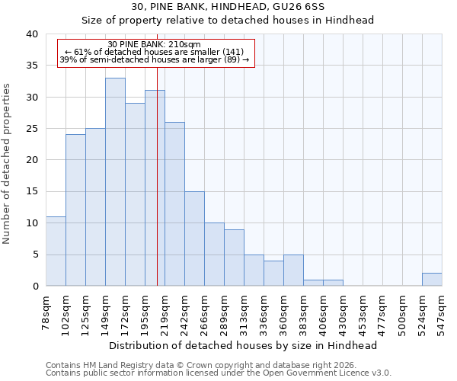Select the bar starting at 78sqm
pos(56,251)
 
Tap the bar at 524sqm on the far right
pos(432,279)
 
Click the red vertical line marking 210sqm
pos(157,190)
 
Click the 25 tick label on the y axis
pos(33,129)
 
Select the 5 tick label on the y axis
pos(35,255)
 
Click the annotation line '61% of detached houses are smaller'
pos(155,52)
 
